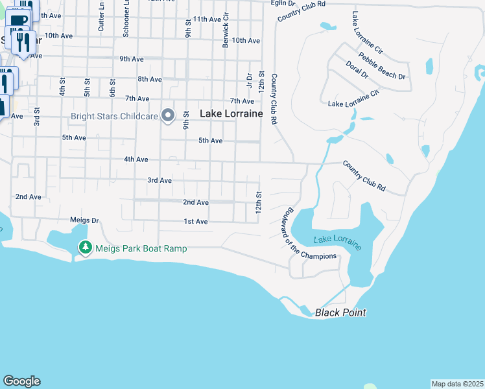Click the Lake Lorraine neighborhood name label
point(231,113)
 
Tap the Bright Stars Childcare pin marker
point(168,116)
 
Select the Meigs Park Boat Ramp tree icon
point(85,248)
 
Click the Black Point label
point(340,313)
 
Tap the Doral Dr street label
point(357,71)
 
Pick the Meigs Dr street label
point(84,220)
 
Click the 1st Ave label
point(195,222)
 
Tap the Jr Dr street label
point(249,80)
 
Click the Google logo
point(21,381)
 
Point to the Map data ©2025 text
point(458,384)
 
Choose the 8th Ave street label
point(149,79)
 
